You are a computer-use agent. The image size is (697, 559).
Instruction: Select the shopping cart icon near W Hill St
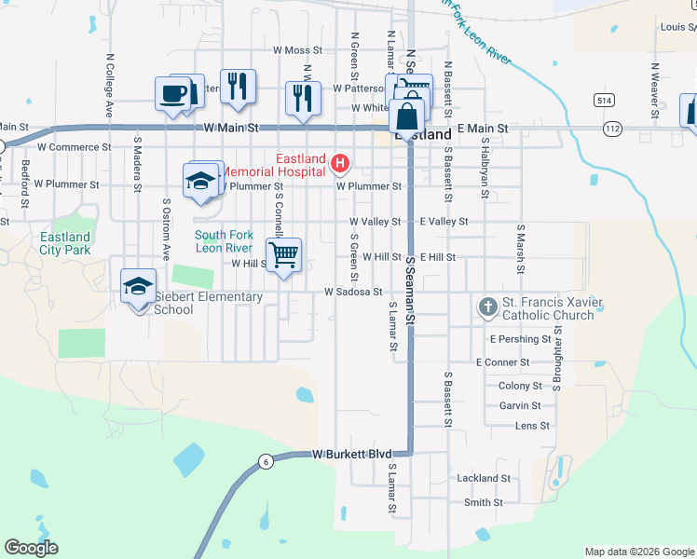point(283,252)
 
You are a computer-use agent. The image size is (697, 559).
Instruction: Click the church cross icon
point(487,307)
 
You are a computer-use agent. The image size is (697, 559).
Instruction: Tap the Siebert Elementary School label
point(208,303)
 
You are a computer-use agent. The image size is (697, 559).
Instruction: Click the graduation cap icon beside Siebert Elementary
point(138,286)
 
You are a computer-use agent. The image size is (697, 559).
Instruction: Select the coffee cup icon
point(173,93)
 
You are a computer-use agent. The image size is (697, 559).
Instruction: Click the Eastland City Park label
point(65,243)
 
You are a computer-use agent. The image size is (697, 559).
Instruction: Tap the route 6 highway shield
point(266,462)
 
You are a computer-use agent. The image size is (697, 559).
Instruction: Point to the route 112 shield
point(612,128)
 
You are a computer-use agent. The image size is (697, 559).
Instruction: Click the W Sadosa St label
point(353,292)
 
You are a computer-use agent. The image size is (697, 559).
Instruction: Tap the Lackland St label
point(484,478)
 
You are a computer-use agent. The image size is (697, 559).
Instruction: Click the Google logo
point(31,548)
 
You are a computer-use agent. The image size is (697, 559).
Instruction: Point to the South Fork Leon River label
point(225,241)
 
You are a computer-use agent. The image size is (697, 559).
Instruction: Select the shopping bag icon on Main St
point(407,118)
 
